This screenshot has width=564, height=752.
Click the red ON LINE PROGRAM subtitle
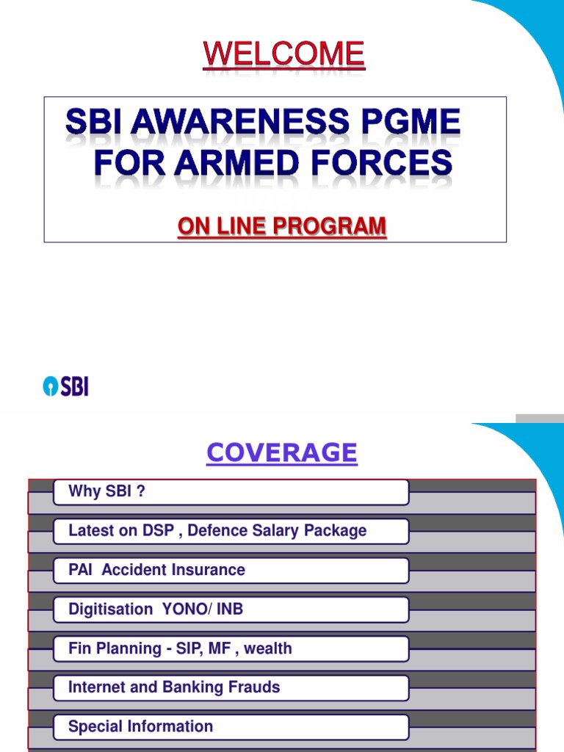point(281,227)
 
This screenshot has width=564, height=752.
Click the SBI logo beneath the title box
point(65,386)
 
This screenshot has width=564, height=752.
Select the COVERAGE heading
point(281,453)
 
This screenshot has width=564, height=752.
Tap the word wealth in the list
point(270,648)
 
